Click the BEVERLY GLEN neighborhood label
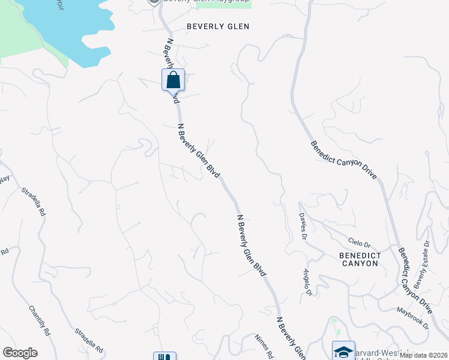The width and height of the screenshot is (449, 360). pyautogui.click(x=217, y=26)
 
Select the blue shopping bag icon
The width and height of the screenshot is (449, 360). pyautogui.click(x=173, y=80)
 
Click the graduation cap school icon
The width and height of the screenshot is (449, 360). pyautogui.click(x=344, y=352)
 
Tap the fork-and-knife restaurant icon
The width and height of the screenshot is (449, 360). pyautogui.click(x=164, y=357)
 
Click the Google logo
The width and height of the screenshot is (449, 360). pyautogui.click(x=20, y=353)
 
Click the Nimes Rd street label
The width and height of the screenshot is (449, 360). pyautogui.click(x=264, y=345)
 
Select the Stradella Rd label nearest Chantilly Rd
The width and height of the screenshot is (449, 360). pyautogui.click(x=89, y=340)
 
